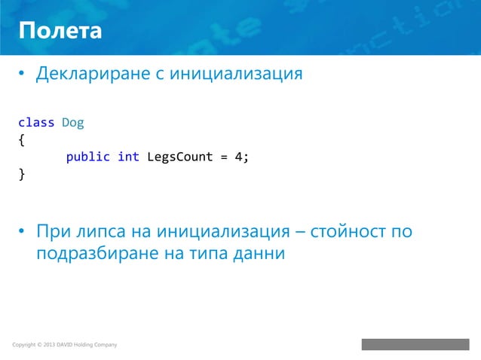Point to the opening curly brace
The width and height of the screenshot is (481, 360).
pos(21,139)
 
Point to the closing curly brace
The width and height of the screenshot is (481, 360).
pos(21,175)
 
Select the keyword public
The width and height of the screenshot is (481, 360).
pos(88,157)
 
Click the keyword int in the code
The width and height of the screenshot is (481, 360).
pos(128,157)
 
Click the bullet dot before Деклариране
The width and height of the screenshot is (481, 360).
pos(23,75)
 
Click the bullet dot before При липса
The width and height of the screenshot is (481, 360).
pos(23,231)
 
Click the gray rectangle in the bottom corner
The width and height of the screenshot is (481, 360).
pos(415,344)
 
